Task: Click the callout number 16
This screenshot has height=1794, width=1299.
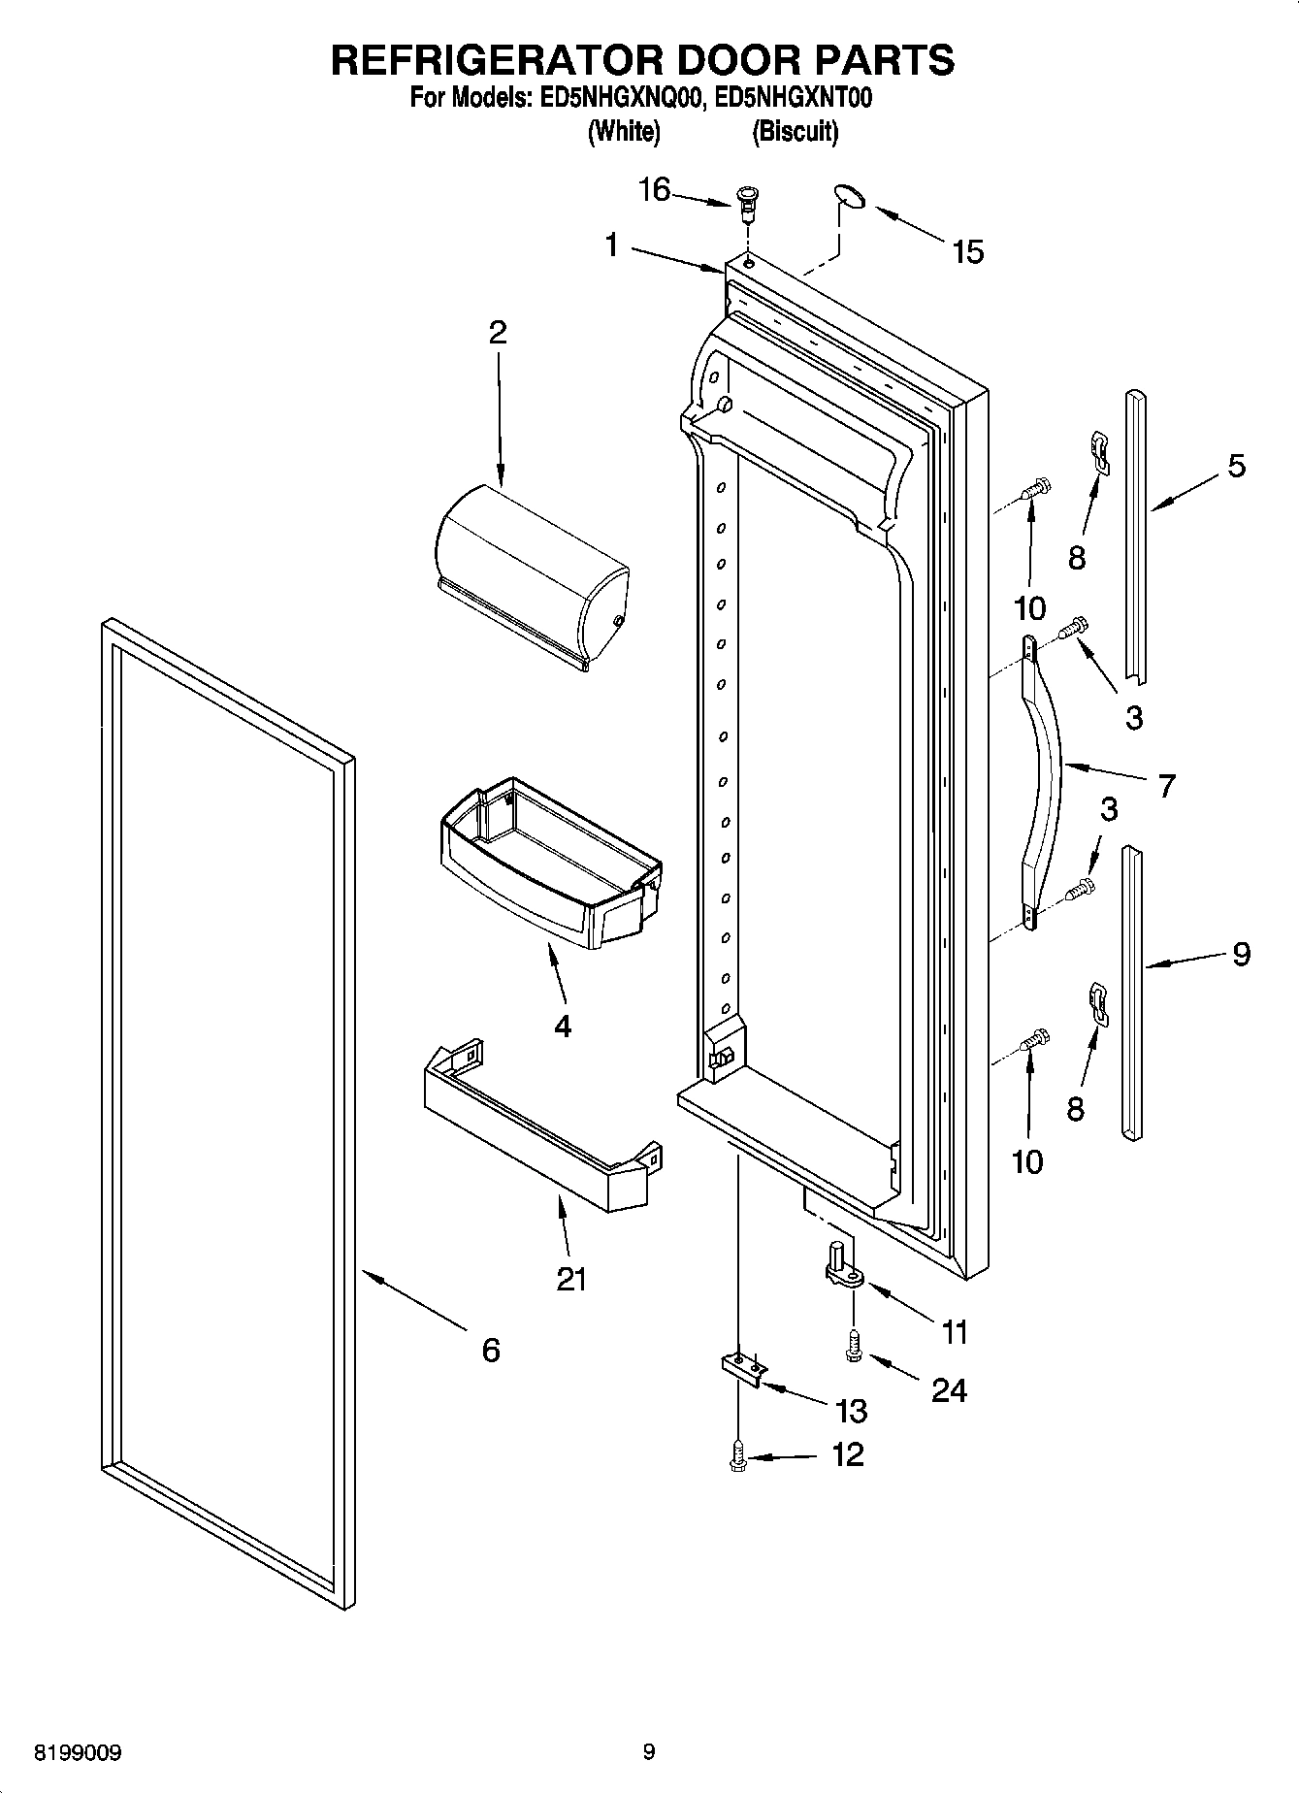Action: click(x=654, y=190)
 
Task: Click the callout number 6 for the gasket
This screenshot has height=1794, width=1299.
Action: click(x=491, y=1349)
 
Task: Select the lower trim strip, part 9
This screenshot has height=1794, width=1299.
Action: click(x=1132, y=990)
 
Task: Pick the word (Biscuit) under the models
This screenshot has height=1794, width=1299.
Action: click(x=796, y=131)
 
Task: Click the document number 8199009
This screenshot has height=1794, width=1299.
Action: click(x=78, y=1753)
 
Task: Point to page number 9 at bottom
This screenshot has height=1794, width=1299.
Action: click(x=649, y=1752)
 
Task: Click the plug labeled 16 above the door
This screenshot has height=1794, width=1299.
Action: click(x=747, y=200)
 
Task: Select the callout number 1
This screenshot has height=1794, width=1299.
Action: click(x=611, y=245)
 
